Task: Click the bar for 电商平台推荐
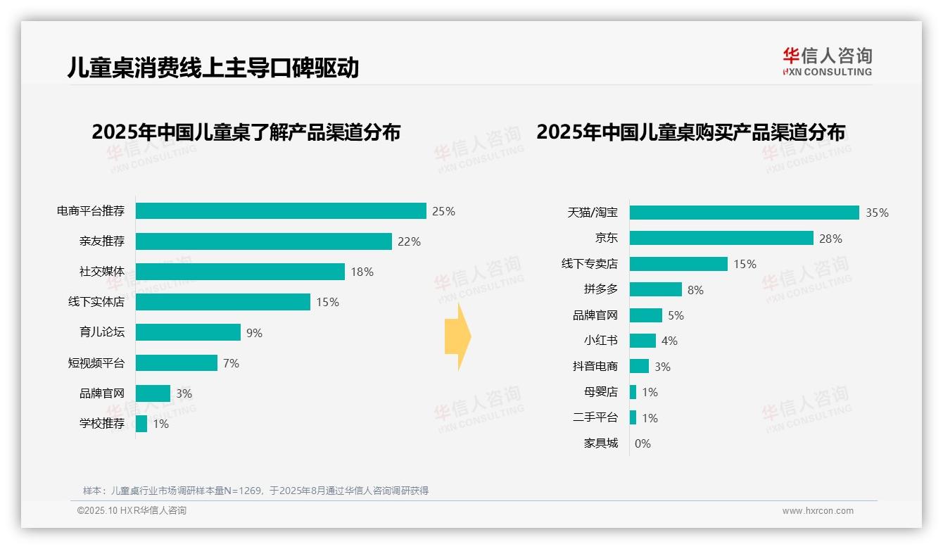(x=280, y=211)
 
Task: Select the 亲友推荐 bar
(x=263, y=241)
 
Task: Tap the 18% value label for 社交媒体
(x=362, y=272)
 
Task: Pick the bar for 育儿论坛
(x=188, y=332)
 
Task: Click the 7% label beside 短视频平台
(x=231, y=363)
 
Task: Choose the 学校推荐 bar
(x=141, y=424)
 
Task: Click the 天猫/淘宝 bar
(x=744, y=213)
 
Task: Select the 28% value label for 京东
(x=830, y=239)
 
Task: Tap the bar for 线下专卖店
(x=678, y=264)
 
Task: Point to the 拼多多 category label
(x=600, y=289)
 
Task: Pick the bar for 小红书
(x=643, y=341)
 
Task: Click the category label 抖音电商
(x=595, y=366)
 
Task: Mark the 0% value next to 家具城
(x=643, y=443)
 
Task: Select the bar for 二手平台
(x=633, y=417)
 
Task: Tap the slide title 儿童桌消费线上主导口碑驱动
(x=213, y=68)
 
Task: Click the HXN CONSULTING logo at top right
(x=827, y=62)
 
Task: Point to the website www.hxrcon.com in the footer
(x=817, y=511)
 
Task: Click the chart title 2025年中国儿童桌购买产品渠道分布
(x=690, y=132)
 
